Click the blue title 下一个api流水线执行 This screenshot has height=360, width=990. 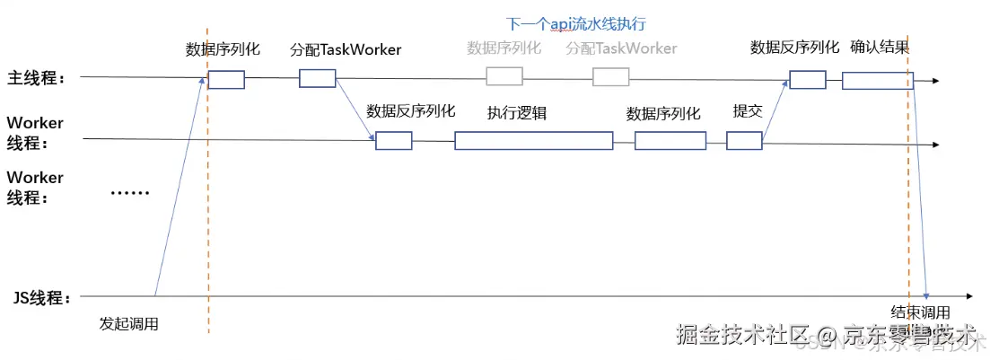[576, 23]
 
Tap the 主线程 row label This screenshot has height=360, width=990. [37, 78]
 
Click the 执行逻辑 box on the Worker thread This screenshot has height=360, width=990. [533, 141]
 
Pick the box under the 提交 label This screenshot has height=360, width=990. [744, 141]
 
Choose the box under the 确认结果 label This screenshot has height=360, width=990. [877, 80]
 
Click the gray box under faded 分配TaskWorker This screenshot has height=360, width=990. [610, 76]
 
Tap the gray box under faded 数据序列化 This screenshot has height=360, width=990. [504, 76]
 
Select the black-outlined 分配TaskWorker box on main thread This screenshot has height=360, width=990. [317, 79]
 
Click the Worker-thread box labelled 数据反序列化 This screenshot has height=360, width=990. [393, 141]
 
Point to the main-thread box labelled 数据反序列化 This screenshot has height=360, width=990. [807, 80]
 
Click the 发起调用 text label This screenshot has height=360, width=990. [128, 324]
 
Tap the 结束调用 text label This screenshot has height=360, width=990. [920, 312]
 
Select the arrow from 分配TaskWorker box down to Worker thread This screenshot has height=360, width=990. [355, 111]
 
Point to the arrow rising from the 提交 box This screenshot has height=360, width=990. [775, 112]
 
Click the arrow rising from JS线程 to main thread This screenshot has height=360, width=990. [180, 189]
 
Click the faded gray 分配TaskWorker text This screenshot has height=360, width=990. [621, 48]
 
